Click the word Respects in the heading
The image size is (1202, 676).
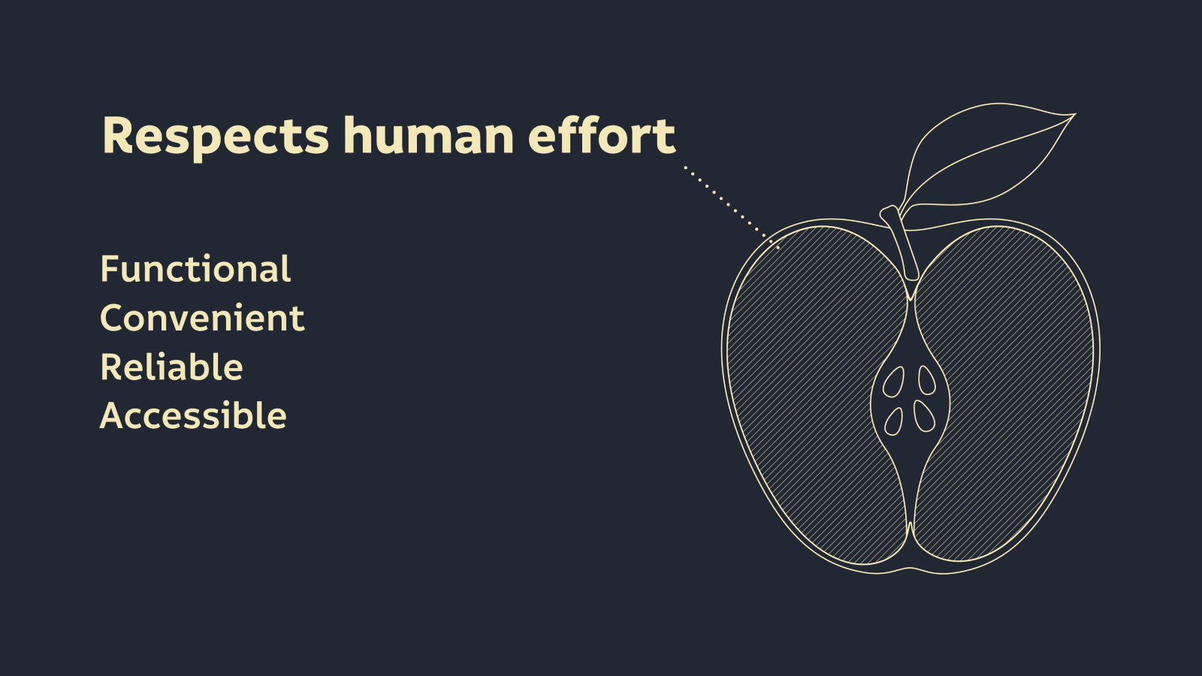click(x=215, y=137)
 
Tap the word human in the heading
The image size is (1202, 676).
click(x=428, y=134)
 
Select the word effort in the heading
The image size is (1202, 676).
click(x=602, y=134)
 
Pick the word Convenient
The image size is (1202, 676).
click(x=202, y=318)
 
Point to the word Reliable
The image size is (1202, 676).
click(x=172, y=367)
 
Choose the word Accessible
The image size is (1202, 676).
click(x=193, y=416)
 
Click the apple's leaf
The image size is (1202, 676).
click(x=987, y=155)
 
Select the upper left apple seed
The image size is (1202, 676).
click(x=893, y=382)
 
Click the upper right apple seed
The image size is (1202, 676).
click(x=927, y=380)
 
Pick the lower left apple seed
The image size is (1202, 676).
click(x=893, y=421)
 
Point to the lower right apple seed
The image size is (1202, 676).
click(x=925, y=416)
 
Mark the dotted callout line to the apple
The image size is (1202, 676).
click(x=732, y=207)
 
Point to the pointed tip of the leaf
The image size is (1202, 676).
click(x=1075, y=114)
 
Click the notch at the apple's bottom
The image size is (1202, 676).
click(x=910, y=567)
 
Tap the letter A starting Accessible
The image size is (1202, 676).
click(x=114, y=416)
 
